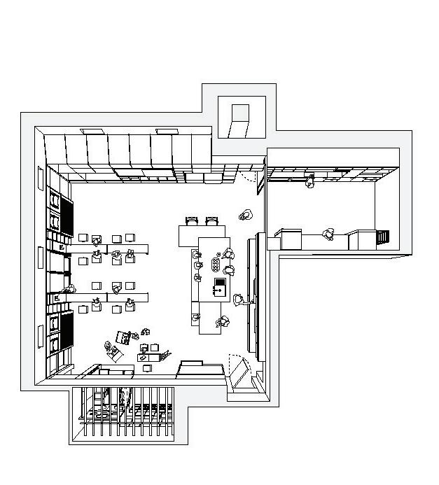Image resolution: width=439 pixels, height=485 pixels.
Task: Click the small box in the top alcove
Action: pos(239,120)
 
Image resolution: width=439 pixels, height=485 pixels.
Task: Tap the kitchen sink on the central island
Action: pos(219,286)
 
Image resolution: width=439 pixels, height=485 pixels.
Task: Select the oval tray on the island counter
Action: pos(215,265)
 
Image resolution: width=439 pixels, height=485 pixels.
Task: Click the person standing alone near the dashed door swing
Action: pos(246,216)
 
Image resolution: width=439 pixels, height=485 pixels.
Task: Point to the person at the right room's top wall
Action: pos(309,182)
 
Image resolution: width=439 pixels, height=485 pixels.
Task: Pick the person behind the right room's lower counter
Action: pos(328,234)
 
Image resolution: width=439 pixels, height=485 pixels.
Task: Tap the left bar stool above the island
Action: pos(192,221)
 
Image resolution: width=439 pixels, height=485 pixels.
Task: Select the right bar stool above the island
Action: pos(212,221)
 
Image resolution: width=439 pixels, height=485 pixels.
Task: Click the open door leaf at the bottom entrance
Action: pos(242,374)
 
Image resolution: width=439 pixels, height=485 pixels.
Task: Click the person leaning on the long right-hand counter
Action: pos(240,300)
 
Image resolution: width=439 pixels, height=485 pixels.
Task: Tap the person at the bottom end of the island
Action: pos(223,322)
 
